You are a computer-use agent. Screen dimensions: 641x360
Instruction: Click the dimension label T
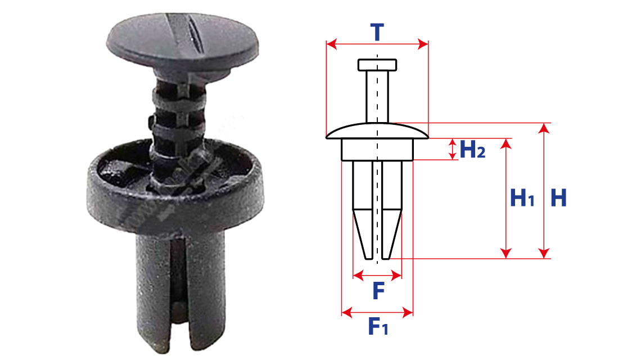point(377,32)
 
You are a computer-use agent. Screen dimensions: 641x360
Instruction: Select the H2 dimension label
point(472,149)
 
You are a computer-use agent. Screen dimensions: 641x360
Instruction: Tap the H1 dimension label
point(522,199)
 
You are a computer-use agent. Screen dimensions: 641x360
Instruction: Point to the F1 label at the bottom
point(378,326)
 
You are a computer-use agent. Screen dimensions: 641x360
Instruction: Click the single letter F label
point(378,291)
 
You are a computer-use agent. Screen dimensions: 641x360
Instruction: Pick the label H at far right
point(558,198)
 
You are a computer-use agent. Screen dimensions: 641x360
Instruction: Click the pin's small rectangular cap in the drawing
point(377,65)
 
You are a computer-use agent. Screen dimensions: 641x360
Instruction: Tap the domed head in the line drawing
point(377,131)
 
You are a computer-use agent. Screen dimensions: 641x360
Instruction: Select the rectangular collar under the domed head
point(377,149)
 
